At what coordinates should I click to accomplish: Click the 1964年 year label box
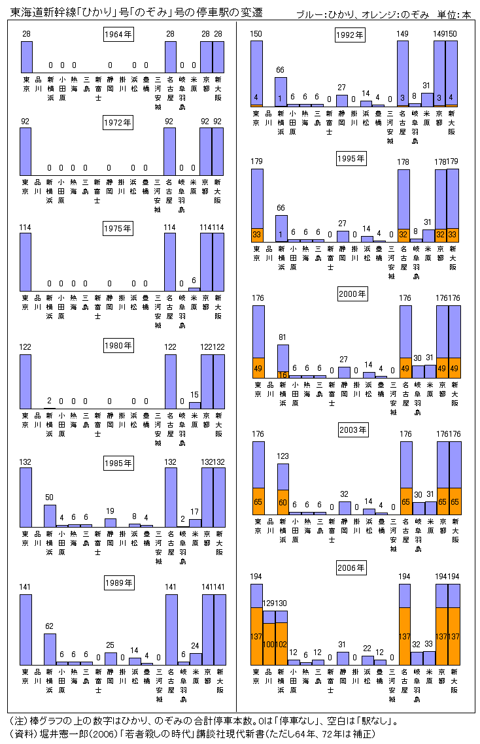pos(118,34)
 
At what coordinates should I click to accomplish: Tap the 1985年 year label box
pos(118,463)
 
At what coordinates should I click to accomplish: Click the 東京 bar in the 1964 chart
pos(26,57)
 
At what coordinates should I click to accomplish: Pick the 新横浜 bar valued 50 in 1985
pos(50,515)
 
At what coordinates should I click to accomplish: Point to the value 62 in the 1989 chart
pos(50,626)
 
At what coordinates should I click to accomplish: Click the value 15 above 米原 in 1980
pos(194,394)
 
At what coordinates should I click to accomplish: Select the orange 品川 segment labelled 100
pos(269,644)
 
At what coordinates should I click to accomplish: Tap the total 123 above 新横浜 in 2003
pos(283,456)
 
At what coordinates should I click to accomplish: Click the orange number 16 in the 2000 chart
pos(283,375)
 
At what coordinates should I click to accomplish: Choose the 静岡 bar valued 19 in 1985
pos(110,522)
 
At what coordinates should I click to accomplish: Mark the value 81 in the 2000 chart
pos(283,337)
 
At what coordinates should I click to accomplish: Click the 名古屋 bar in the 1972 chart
pos(169,152)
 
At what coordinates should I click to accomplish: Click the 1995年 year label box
pos(351,158)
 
